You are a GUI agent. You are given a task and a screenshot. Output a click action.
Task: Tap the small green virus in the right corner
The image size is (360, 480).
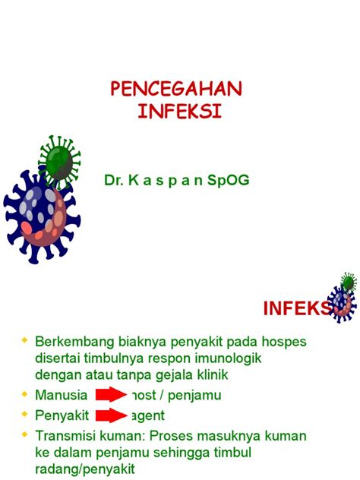pos(348,283)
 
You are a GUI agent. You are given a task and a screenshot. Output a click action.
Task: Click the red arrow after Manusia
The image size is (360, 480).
pos(111,395)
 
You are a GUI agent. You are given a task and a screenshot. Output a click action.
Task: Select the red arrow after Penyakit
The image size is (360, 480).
pos(111,415)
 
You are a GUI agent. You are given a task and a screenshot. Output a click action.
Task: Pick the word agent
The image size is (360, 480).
pos(147,415)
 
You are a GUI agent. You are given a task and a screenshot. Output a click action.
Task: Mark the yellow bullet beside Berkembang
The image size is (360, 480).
pos(26,339)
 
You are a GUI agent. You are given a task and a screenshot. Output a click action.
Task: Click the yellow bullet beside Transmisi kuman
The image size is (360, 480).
pos(26,434)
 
